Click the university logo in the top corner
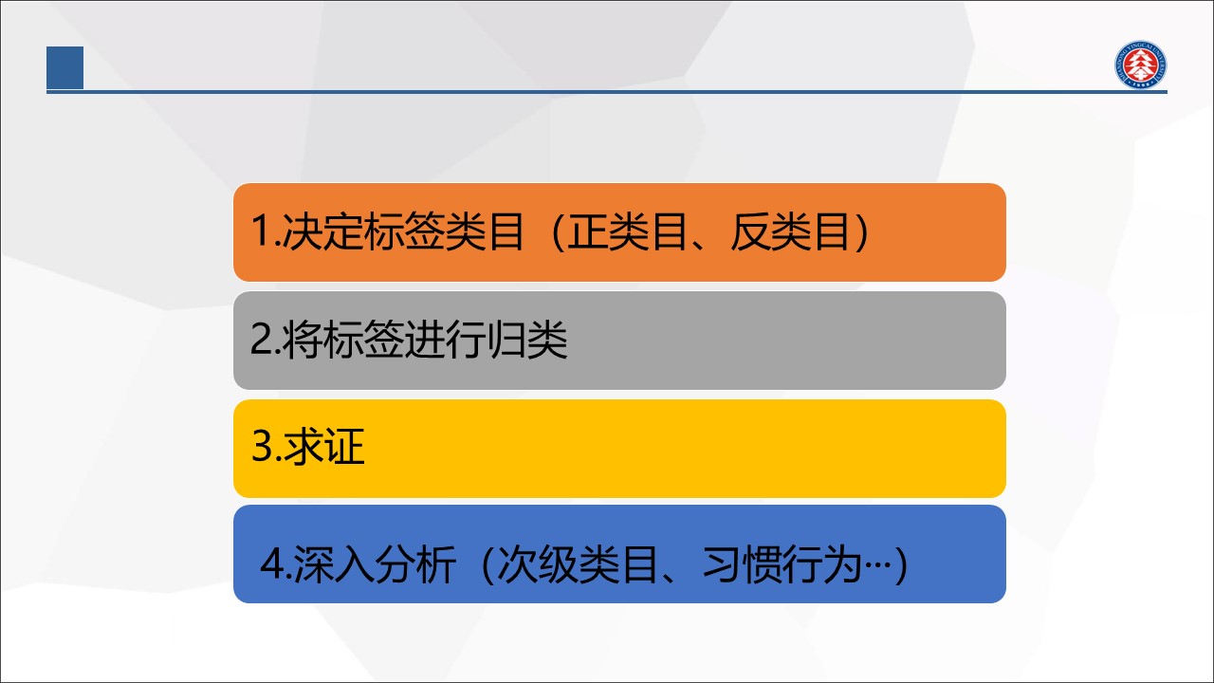(1140, 65)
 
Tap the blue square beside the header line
(65, 67)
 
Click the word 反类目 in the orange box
(789, 231)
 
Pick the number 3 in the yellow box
(262, 446)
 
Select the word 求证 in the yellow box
(323, 446)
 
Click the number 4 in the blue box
(271, 564)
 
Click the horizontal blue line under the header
(607, 92)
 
